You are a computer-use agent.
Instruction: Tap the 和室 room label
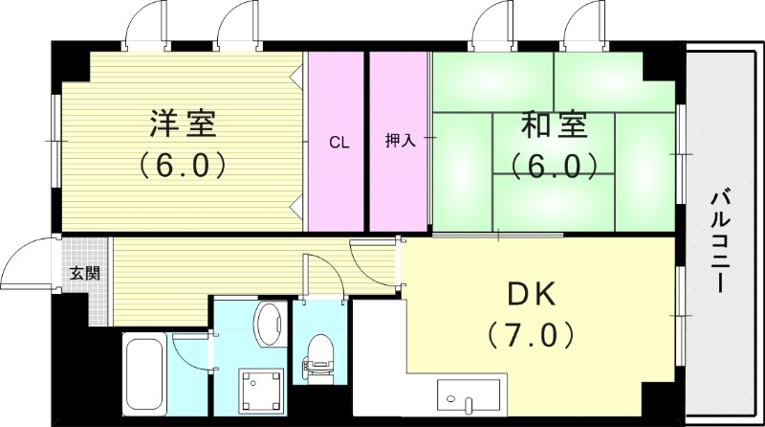coord(554,124)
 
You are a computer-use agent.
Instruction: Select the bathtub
coord(145,372)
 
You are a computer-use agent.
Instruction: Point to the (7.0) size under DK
coord(531,335)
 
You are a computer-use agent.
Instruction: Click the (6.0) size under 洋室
coord(182,165)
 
